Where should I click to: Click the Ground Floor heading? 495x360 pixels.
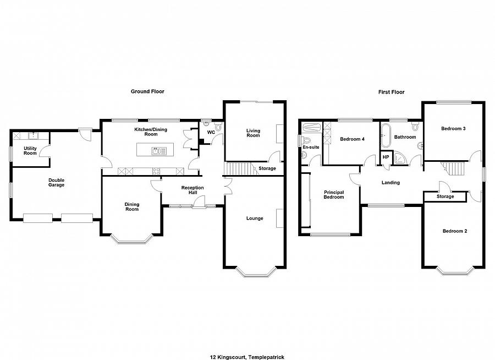tap(147, 91)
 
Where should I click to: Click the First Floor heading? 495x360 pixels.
tap(391, 92)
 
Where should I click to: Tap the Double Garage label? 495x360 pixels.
tap(56, 182)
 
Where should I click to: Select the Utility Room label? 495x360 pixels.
tap(30, 150)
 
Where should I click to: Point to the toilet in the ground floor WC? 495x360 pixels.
tap(218, 127)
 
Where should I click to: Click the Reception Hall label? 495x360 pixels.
tap(193, 190)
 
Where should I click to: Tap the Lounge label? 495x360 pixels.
tap(255, 219)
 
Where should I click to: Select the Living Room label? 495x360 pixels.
tap(253, 133)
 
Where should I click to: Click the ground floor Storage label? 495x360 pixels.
tap(267, 168)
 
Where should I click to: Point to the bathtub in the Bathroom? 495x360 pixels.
tap(386, 136)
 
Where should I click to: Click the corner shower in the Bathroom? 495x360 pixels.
tap(400, 159)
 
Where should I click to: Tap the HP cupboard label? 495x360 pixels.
tap(386, 157)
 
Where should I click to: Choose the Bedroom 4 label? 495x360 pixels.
tap(353, 139)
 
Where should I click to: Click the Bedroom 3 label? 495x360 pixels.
tap(453, 129)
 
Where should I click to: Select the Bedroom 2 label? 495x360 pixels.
tap(455, 231)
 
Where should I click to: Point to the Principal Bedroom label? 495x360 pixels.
tap(334, 194)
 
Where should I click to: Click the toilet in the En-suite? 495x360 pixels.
tap(306, 140)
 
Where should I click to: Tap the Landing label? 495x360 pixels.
tap(391, 183)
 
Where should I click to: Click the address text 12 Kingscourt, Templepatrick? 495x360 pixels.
tap(247, 357)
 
